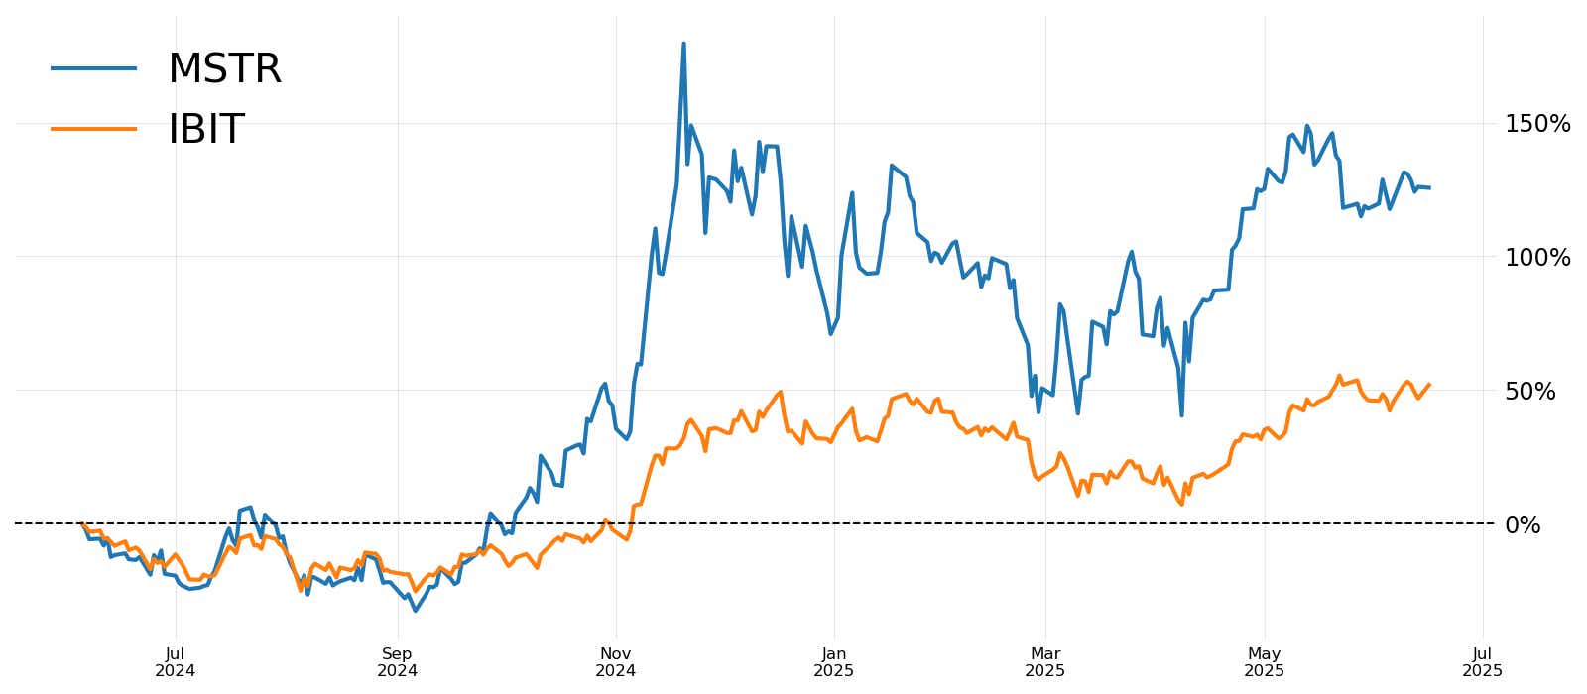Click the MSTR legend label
[224, 69]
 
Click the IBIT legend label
[205, 129]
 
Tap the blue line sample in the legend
[94, 67]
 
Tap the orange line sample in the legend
[94, 128]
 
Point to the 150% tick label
[1537, 124]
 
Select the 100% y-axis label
[1537, 258]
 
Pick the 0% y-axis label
[1523, 525]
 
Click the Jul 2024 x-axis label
[176, 662]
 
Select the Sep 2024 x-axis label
[397, 662]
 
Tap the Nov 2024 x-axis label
[615, 662]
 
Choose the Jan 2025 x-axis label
[834, 662]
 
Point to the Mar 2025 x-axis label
[1045, 662]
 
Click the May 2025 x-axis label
[1265, 662]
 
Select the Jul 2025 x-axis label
[1483, 662]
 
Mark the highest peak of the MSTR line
[683, 44]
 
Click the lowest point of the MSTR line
[415, 611]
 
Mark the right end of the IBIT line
[1429, 385]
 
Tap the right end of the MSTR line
[1429, 187]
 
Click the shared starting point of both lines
[81, 523]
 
